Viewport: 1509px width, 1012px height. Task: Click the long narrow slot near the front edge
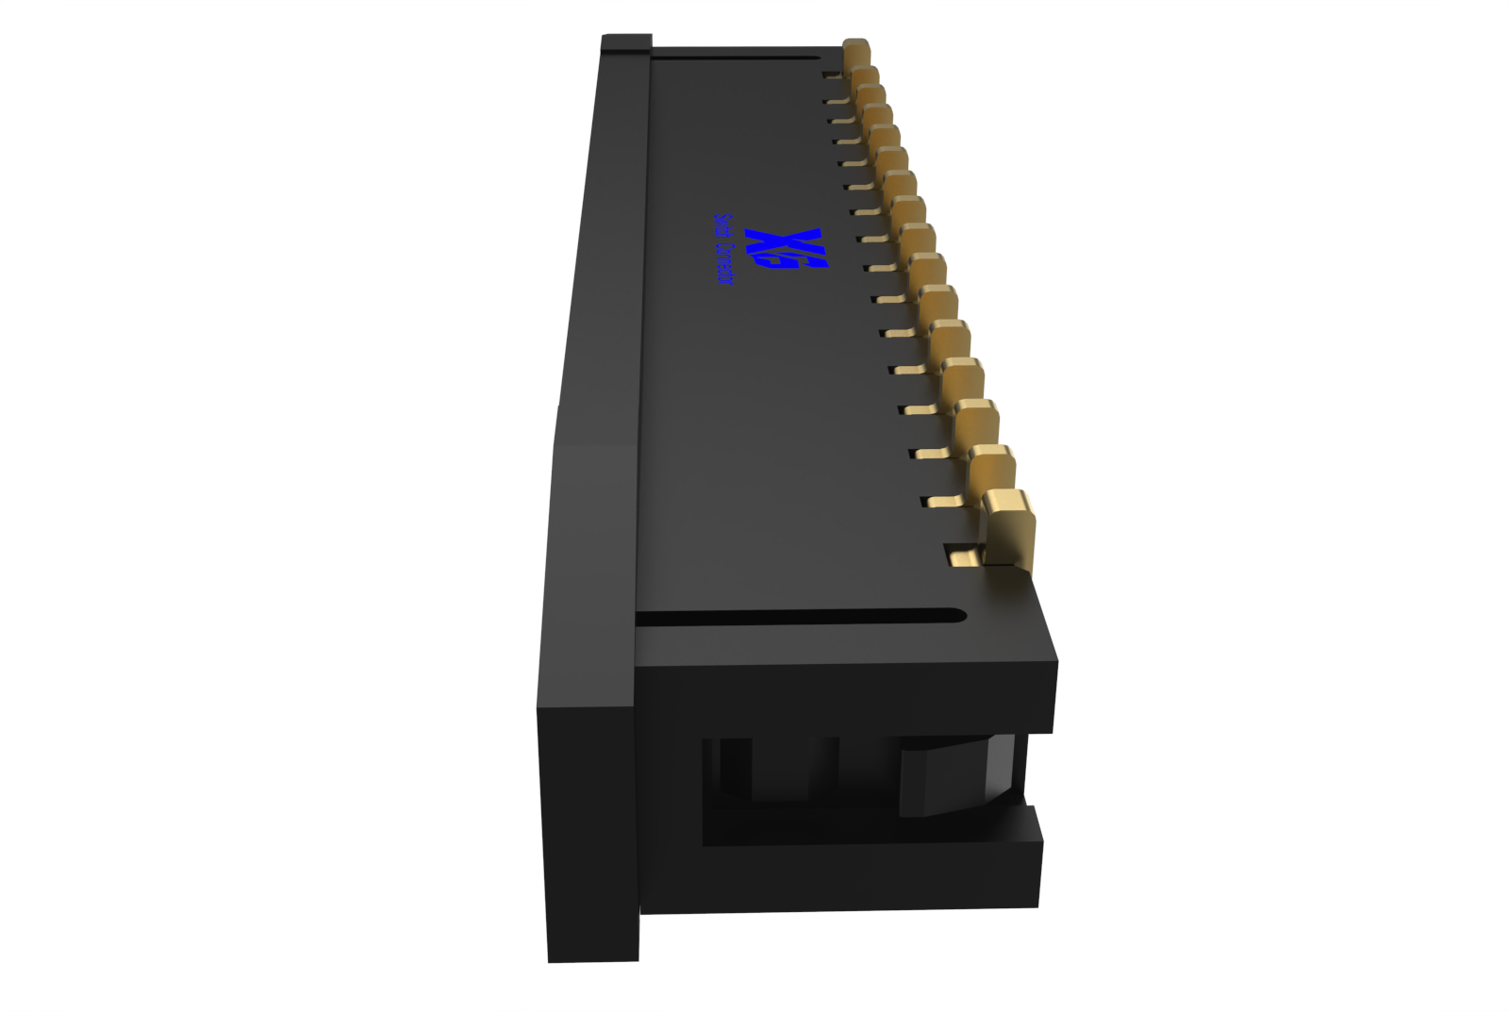tap(802, 618)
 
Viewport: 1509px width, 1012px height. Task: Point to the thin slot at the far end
tap(736, 58)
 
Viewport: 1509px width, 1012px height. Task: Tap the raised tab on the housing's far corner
tap(626, 41)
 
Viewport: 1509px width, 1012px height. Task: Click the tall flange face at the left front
tap(589, 830)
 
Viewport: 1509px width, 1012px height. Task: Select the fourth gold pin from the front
tap(963, 377)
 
